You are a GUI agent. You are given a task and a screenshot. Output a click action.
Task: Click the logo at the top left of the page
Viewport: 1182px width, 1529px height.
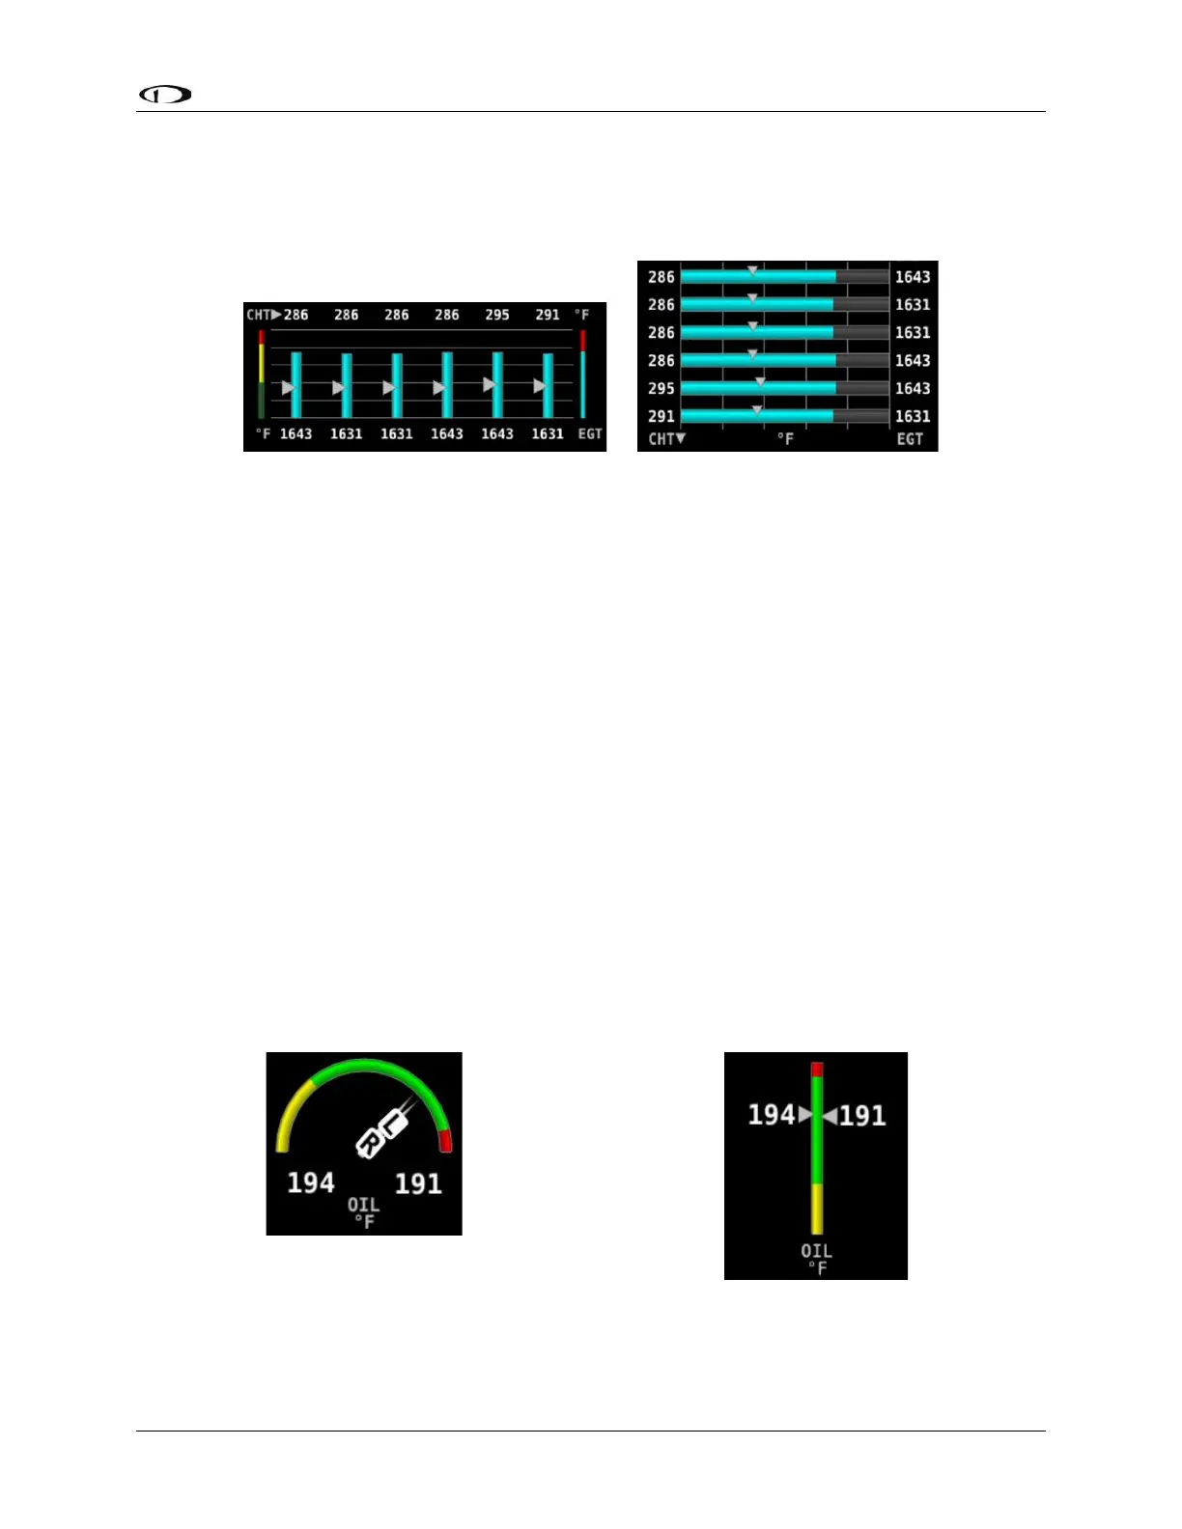pos(165,95)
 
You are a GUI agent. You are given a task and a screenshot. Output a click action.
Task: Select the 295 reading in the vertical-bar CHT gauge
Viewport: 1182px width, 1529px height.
pos(497,315)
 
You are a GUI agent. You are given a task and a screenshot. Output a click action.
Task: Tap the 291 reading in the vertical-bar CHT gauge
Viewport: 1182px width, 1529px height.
pos(548,315)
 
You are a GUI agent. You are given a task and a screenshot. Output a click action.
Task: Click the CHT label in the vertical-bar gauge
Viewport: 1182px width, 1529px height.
pos(259,315)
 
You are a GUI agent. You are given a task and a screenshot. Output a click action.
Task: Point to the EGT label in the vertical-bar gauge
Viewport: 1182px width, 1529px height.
pos(589,434)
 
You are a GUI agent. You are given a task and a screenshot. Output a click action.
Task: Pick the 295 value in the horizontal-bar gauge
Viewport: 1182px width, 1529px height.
pos(661,388)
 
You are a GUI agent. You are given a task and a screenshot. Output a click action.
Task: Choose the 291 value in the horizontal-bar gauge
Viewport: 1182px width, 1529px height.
pos(661,416)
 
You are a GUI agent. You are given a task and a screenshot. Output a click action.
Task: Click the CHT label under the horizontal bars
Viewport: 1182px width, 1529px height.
pos(662,439)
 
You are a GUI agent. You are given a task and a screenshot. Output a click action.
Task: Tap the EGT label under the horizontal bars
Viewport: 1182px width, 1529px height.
pos(910,439)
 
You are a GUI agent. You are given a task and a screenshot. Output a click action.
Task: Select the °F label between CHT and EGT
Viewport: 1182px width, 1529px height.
pos(786,439)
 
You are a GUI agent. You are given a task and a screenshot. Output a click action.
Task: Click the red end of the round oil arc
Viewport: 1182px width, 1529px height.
pos(445,1142)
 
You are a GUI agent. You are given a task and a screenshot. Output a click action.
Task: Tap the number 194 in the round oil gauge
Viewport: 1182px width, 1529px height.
pos(311,1183)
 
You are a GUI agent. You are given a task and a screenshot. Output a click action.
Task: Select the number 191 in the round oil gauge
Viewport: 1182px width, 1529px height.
pos(418,1184)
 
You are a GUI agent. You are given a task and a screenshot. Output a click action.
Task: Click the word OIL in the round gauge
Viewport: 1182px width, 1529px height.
pos(364,1205)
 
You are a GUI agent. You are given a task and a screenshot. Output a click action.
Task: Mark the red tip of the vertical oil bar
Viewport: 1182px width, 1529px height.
pos(817,1070)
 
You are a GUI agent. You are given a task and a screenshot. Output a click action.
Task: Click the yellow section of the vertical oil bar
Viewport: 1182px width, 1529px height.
pos(817,1209)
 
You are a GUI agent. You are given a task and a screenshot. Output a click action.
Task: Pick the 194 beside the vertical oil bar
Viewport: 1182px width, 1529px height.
pos(771,1116)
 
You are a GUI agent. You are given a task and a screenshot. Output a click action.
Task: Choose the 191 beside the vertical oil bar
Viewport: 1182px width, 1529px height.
pos(862,1117)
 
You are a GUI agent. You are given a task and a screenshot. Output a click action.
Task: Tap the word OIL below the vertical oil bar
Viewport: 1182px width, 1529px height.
pos(816,1251)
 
